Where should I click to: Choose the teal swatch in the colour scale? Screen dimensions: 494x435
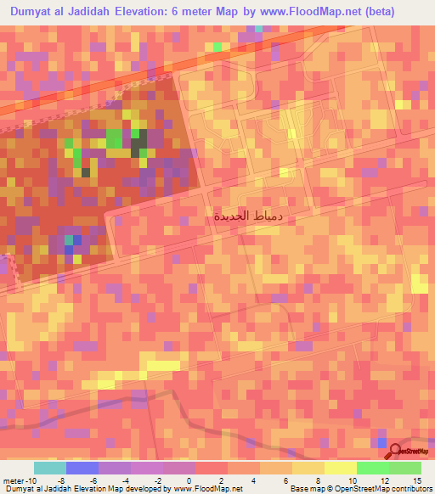pos(50,468)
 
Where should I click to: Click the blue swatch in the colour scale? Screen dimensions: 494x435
pos(82,468)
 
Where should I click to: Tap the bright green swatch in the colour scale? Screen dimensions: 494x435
pos(372,468)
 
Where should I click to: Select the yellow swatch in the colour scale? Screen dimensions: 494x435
pos(340,468)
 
